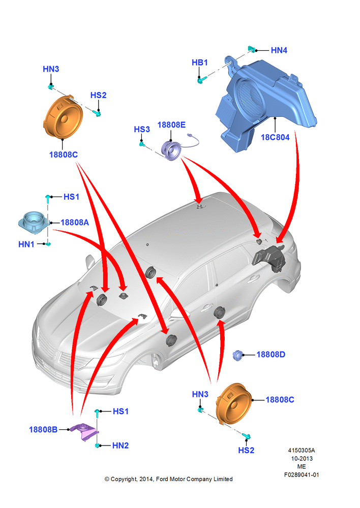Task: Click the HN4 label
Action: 279,50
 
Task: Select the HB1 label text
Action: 199,62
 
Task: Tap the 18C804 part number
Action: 275,137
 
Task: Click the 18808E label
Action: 171,125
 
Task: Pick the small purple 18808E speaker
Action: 171,150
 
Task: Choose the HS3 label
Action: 142,129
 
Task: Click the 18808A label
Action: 75,223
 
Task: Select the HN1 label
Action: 26,244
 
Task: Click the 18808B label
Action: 43,430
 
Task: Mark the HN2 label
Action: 121,446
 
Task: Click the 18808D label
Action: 271,355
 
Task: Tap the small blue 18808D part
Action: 238,356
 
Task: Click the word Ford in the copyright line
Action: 162,479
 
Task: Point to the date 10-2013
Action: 302,458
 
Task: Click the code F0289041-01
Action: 302,474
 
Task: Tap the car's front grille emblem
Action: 58,357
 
